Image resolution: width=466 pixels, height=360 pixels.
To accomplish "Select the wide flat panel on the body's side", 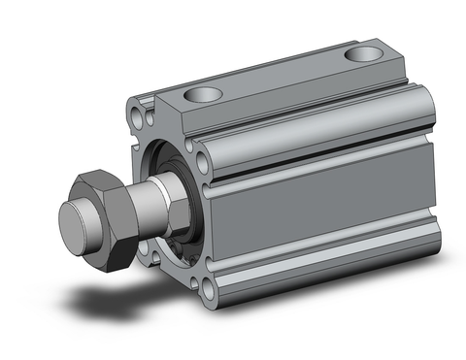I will (x=320, y=199).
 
